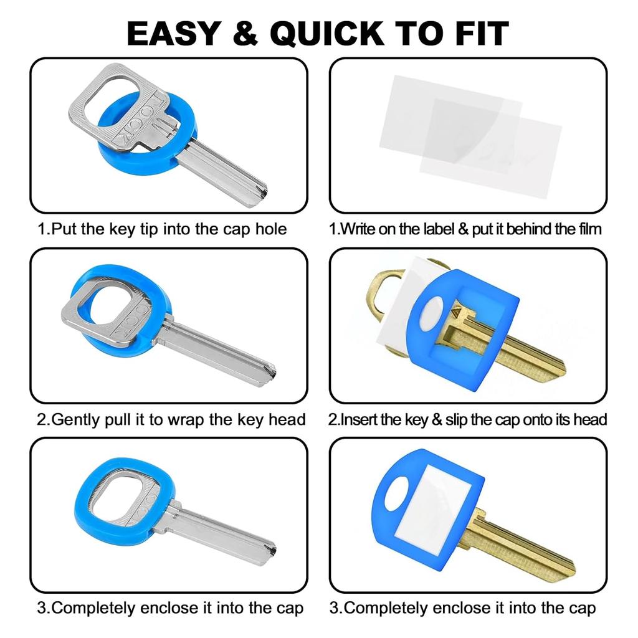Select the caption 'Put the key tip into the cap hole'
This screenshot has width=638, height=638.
[162, 229]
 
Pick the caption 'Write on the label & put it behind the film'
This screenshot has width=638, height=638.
[465, 229]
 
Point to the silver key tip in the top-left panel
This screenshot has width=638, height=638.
[258, 195]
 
